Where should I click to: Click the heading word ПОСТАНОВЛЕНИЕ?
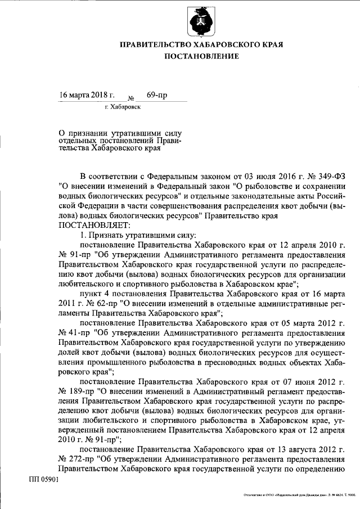point(201,56)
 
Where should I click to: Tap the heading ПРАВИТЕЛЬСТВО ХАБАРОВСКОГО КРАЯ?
point(201,44)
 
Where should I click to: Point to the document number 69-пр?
point(157,94)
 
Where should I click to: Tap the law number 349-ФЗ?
point(328,175)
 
